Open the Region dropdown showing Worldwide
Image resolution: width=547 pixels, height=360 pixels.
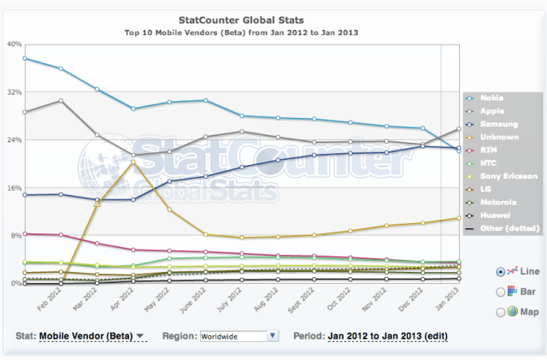(238, 336)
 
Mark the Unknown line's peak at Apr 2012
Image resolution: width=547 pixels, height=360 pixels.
(133, 162)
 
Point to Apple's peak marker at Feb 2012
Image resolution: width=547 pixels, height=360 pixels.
(61, 101)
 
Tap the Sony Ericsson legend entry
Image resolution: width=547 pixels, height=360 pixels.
(509, 176)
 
